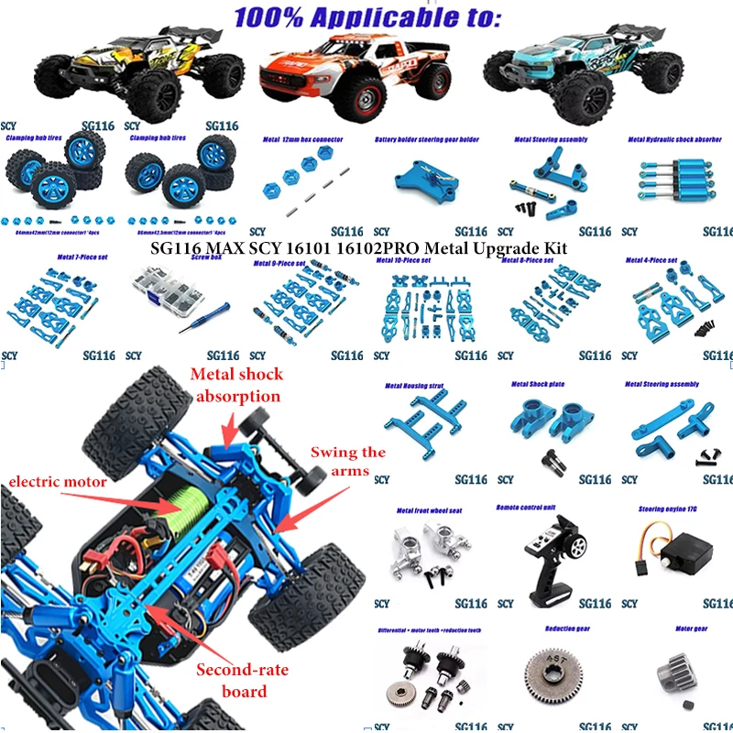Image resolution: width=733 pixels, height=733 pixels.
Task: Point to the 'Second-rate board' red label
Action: (x=243, y=681)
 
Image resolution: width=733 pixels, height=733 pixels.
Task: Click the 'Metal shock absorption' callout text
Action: (x=236, y=385)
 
